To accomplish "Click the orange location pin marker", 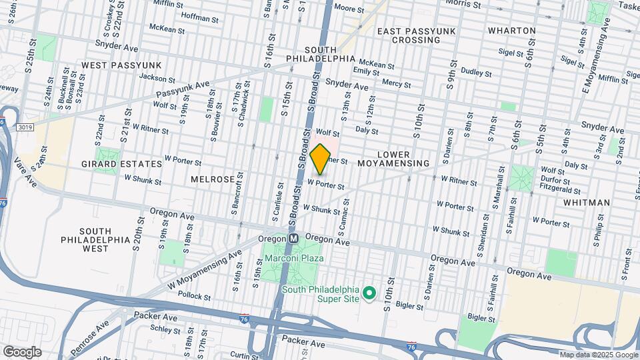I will tap(321, 159).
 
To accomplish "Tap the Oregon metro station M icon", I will tap(293, 239).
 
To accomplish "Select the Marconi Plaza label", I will tap(293, 258).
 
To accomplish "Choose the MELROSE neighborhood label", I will tap(212, 180).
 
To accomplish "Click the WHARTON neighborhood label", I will tap(511, 31).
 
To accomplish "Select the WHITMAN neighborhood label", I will tap(586, 203).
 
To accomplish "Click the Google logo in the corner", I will tap(22, 352).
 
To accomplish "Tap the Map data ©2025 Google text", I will tap(599, 355).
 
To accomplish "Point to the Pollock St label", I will tap(195, 296).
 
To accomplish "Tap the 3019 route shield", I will tap(25, 127).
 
